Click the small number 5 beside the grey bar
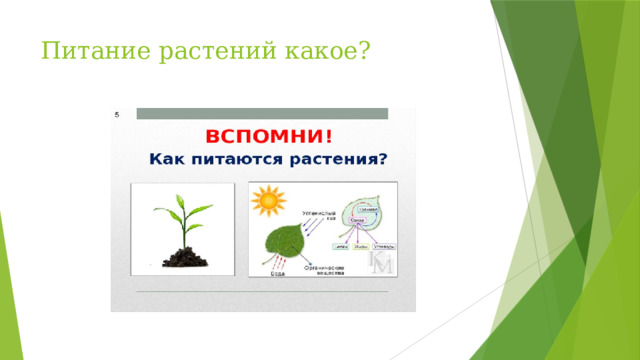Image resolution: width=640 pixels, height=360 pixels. pyautogui.click(x=117, y=115)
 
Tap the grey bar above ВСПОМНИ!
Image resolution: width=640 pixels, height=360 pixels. pyautogui.click(x=262, y=113)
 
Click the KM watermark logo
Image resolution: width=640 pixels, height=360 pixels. pyautogui.click(x=381, y=263)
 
